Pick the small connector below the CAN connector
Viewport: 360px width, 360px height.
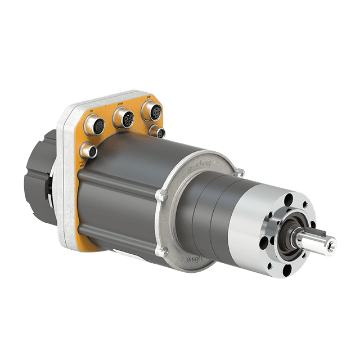[160, 133]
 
